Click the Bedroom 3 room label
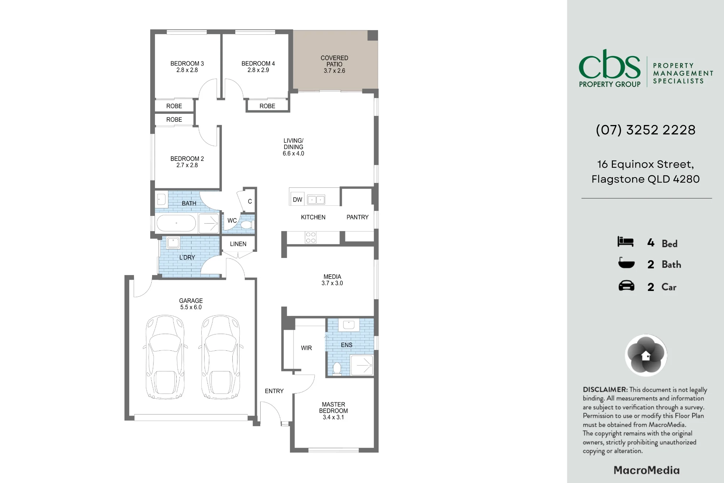[x=187, y=67]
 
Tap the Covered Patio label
[x=334, y=64]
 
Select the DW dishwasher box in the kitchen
[x=298, y=199]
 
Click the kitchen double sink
[x=316, y=199]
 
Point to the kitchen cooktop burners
[x=311, y=238]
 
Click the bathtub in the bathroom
[x=176, y=223]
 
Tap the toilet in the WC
[x=247, y=225]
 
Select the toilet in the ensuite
[x=337, y=368]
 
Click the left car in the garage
[x=165, y=357]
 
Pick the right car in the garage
[x=221, y=357]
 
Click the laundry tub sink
[x=173, y=242]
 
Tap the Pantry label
[x=357, y=217]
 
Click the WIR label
[x=306, y=348]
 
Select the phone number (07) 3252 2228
[x=646, y=130]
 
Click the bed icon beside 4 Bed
[x=626, y=242]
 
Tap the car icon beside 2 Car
[x=626, y=286]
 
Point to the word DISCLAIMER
[x=605, y=390]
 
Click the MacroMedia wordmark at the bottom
[x=647, y=470]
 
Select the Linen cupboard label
[x=238, y=244]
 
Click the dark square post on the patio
[x=372, y=36]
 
